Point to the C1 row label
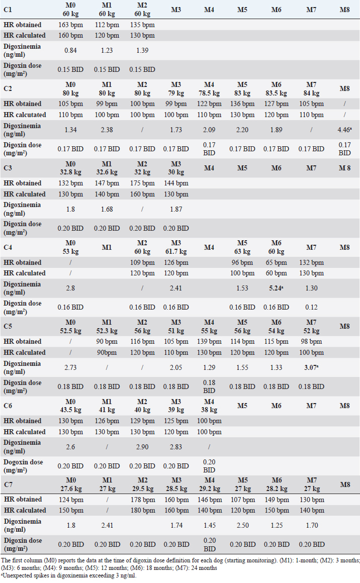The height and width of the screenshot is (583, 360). pyautogui.click(x=9, y=10)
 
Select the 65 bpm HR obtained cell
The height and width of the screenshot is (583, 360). pyautogui.click(x=277, y=262)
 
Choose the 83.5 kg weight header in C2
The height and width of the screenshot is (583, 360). pyautogui.click(x=277, y=93)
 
